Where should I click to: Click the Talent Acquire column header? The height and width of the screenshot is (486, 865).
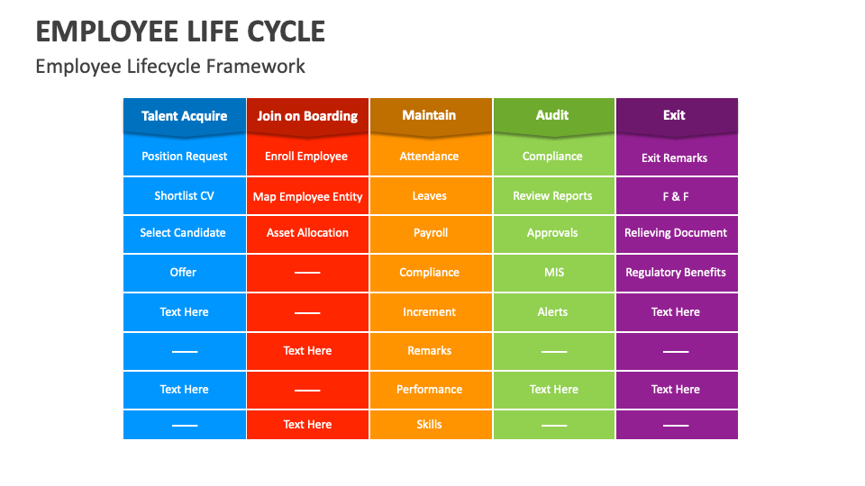pyautogui.click(x=185, y=116)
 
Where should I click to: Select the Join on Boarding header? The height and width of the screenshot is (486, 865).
pyautogui.click(x=307, y=116)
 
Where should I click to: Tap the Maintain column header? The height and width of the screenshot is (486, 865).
pyautogui.click(x=429, y=115)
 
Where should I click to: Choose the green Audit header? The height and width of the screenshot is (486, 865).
pyautogui.click(x=552, y=115)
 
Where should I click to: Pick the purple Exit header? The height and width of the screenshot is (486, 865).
pyautogui.click(x=674, y=115)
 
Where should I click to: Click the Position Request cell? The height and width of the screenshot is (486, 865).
pyautogui.click(x=185, y=157)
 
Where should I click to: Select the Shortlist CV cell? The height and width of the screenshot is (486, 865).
pyautogui.click(x=185, y=196)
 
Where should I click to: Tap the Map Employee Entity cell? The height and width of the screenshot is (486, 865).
pyautogui.click(x=307, y=197)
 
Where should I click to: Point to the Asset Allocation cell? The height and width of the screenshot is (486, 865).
pyautogui.click(x=307, y=233)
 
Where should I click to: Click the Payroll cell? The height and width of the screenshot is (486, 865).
pyautogui.click(x=431, y=233)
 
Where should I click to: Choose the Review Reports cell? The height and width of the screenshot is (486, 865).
pyautogui.click(x=552, y=196)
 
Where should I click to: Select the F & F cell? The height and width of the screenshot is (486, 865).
pyautogui.click(x=676, y=196)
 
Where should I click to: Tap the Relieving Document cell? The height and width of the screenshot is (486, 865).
pyautogui.click(x=676, y=233)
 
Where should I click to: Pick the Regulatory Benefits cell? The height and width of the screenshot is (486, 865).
pyautogui.click(x=676, y=273)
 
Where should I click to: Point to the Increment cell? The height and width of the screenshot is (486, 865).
pyautogui.click(x=430, y=312)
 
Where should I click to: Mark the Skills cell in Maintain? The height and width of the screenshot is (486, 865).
pyautogui.click(x=430, y=425)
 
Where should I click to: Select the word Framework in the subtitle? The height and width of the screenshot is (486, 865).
pyautogui.click(x=256, y=67)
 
